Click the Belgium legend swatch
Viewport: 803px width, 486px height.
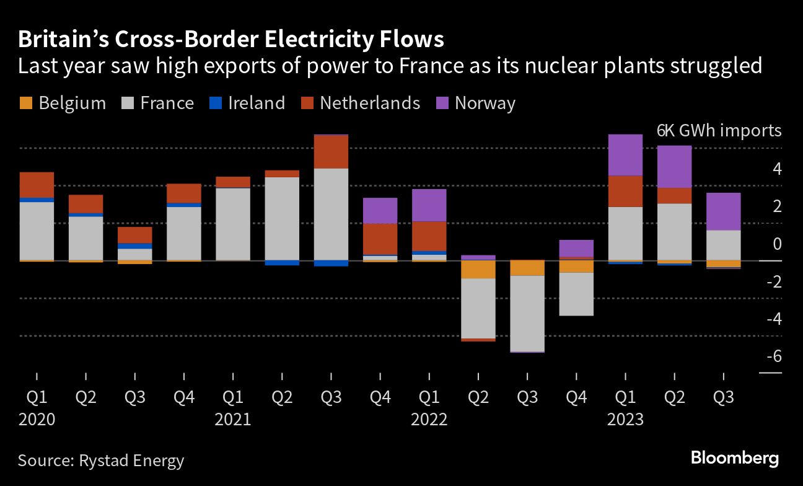pyautogui.click(x=25, y=103)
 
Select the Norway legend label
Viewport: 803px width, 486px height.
pyautogui.click(x=485, y=103)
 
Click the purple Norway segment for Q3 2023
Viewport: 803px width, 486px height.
pyautogui.click(x=723, y=211)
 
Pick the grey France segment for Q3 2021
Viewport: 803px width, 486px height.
pyautogui.click(x=331, y=214)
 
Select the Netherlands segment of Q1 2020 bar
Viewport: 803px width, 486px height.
pyautogui.click(x=37, y=185)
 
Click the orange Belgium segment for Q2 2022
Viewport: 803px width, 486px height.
pyautogui.click(x=478, y=269)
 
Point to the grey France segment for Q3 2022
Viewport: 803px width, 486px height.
pyautogui.click(x=527, y=313)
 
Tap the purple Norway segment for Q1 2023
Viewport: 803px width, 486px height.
pyautogui.click(x=625, y=155)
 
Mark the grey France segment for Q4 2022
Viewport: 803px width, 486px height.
pyautogui.click(x=576, y=294)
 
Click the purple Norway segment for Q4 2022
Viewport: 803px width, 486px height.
pyautogui.click(x=576, y=248)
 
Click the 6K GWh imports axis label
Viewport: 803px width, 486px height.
pyautogui.click(x=719, y=131)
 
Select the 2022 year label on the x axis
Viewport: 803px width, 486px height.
pyautogui.click(x=429, y=420)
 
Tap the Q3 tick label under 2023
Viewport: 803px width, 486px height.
pyautogui.click(x=723, y=397)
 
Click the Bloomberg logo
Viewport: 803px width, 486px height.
pyautogui.click(x=734, y=458)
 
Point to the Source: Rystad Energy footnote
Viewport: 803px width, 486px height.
pyautogui.click(x=101, y=461)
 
